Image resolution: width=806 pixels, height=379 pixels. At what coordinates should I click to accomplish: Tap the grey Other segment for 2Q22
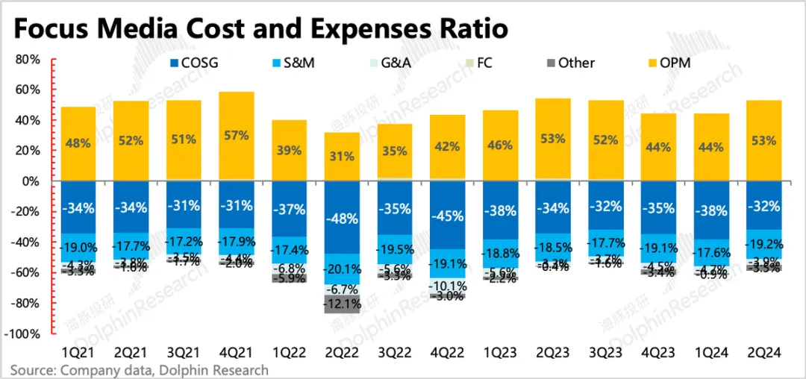(x=341, y=304)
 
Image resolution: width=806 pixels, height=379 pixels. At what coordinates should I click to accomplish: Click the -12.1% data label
(x=341, y=304)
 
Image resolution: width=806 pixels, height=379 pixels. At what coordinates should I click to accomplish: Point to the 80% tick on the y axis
(x=28, y=59)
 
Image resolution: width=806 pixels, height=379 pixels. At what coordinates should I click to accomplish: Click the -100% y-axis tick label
(x=22, y=334)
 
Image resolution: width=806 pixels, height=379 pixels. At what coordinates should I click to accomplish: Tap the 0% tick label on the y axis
(x=32, y=181)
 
